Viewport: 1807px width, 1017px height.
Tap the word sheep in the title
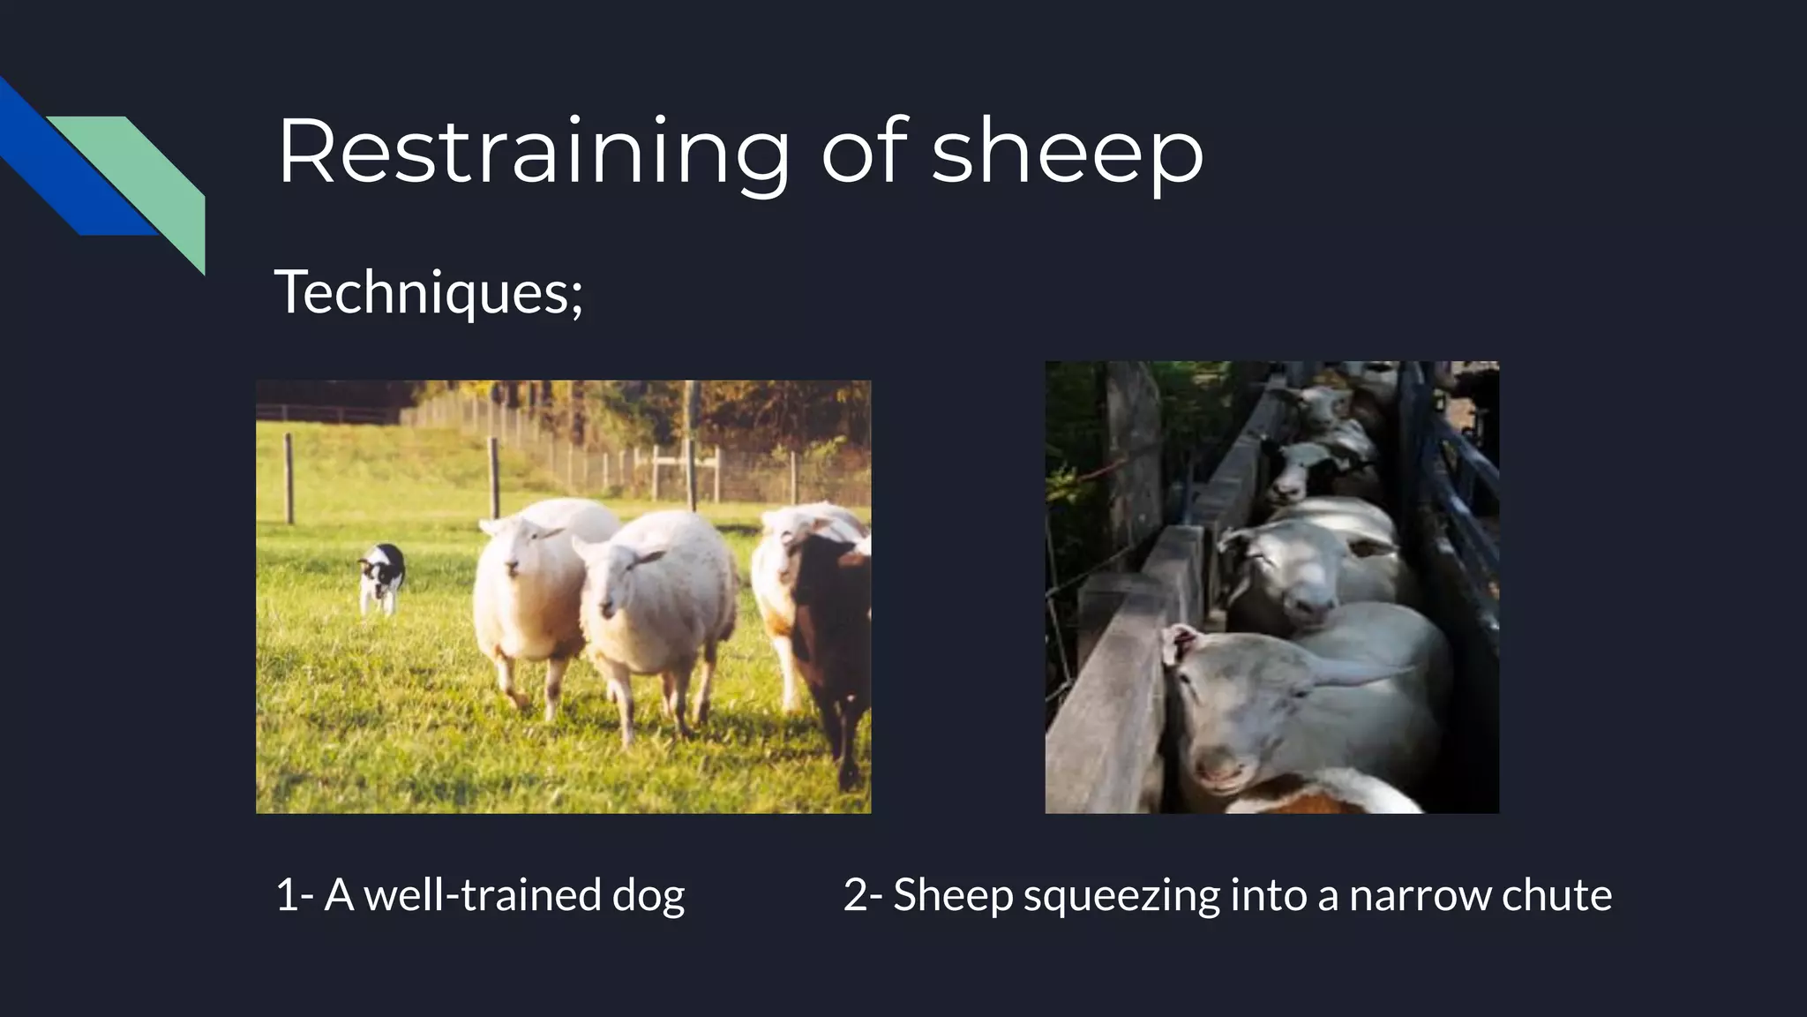1068,152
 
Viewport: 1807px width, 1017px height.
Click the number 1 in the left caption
287,895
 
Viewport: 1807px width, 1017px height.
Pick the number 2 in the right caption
856,895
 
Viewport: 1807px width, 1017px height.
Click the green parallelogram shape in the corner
150,177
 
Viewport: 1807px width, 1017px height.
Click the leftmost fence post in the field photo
288,477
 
